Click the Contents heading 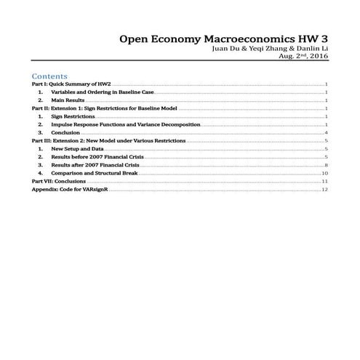point(49,76)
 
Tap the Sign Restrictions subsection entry point(73,116)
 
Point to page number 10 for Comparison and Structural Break point(325,173)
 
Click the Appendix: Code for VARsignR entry point(70,189)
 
